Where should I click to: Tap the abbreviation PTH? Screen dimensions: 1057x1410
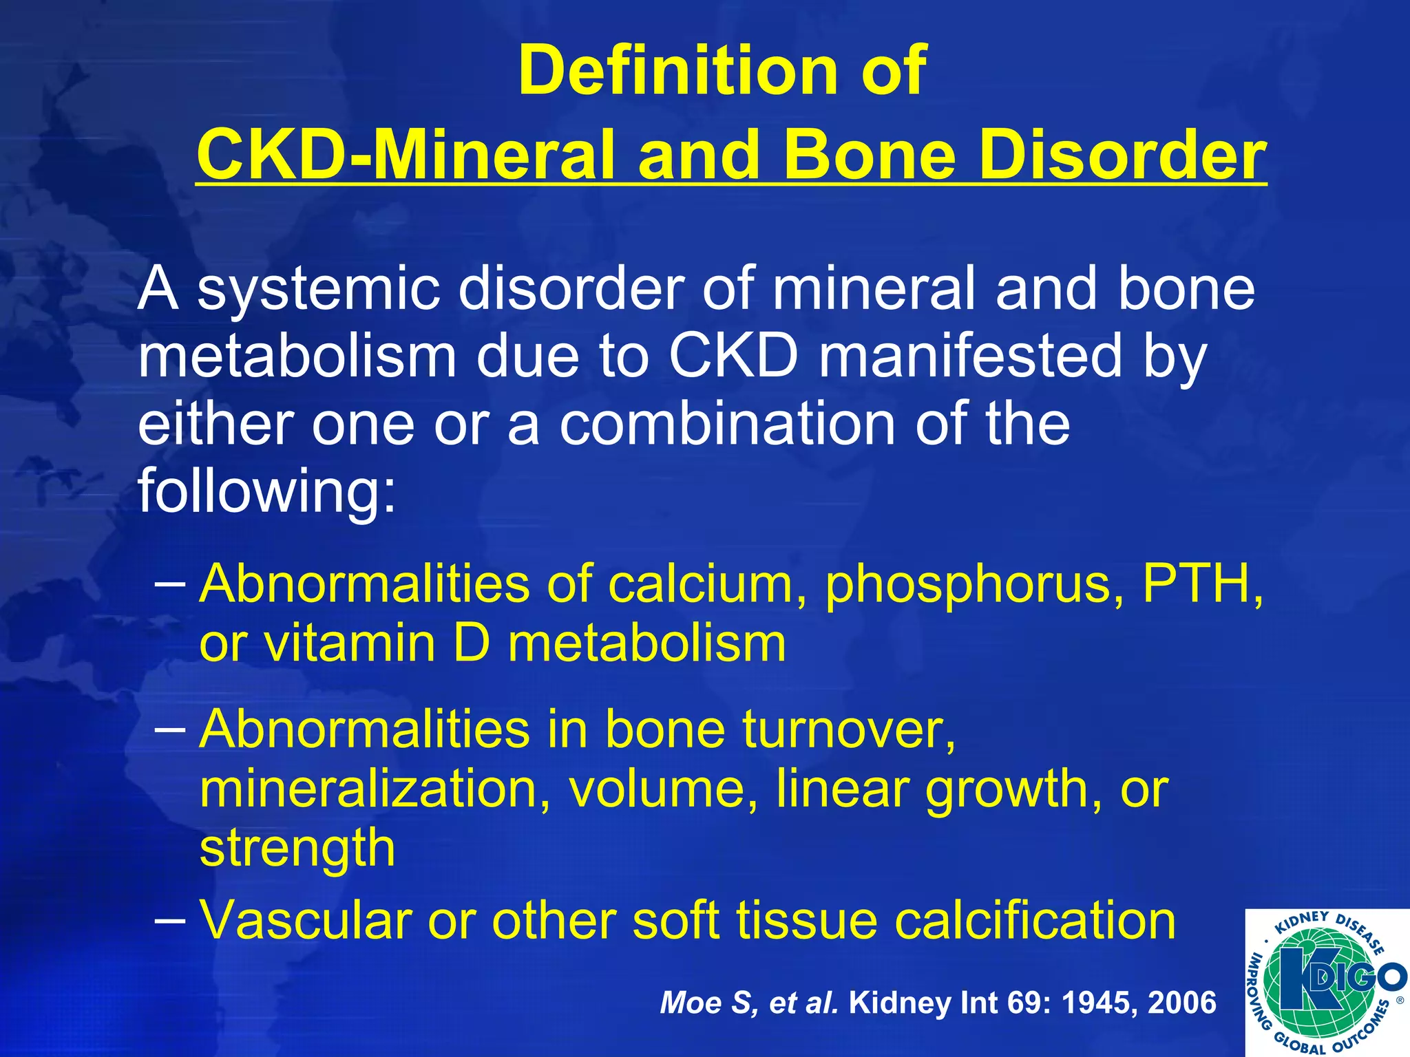[1202, 584]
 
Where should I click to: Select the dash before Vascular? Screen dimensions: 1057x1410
[170, 921]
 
